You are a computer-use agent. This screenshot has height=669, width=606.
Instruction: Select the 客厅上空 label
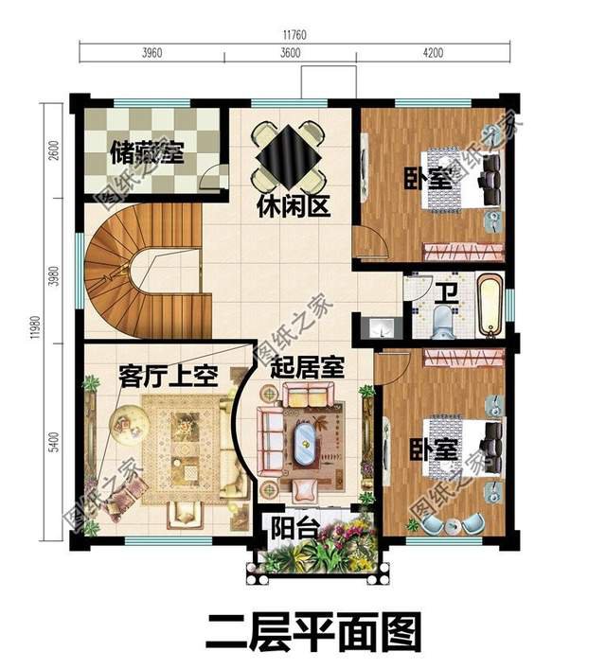(x=169, y=376)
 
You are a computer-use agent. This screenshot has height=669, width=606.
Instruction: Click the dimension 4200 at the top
(x=432, y=52)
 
